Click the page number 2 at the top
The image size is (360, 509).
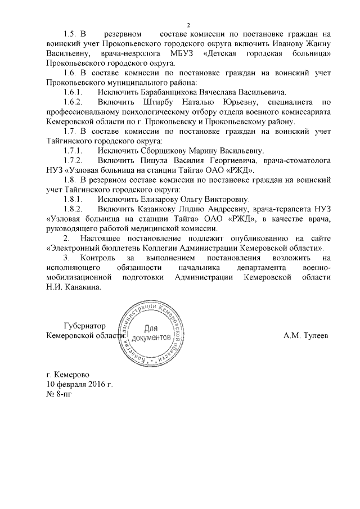189,24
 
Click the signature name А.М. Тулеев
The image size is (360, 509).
307,336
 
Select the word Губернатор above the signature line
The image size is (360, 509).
85,326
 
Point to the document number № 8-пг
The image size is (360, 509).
59,394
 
